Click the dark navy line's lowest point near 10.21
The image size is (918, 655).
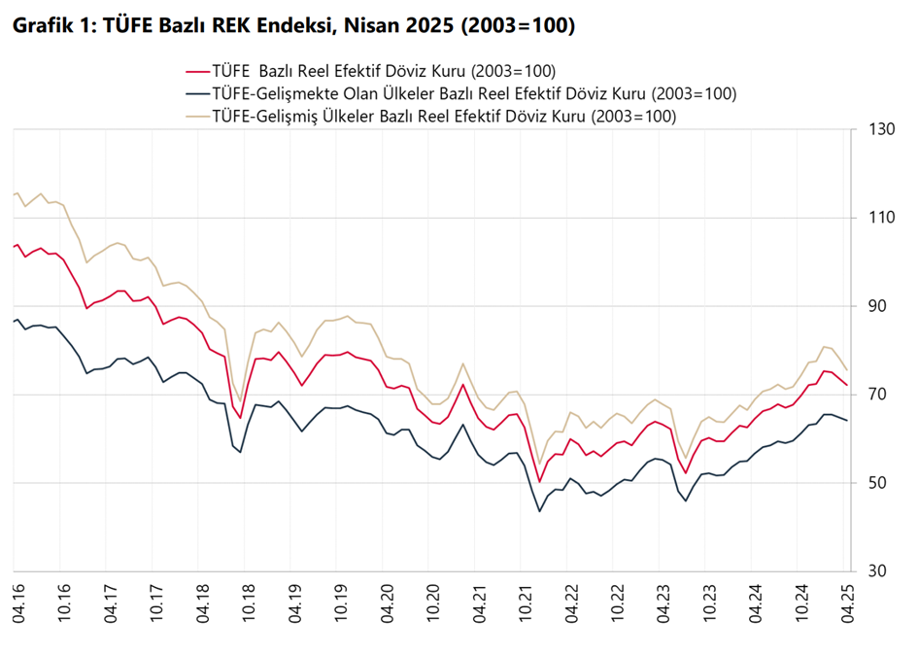[540, 511]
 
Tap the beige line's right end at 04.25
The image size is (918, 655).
[847, 369]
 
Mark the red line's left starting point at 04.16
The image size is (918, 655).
[14, 246]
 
